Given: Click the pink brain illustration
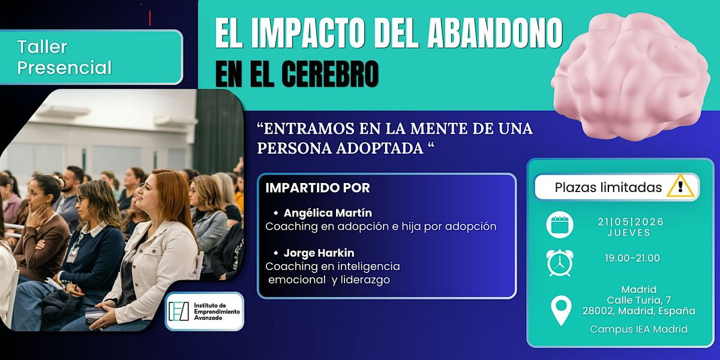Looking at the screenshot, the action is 631,77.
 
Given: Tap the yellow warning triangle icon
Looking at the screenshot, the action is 680,186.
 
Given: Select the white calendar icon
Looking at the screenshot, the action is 560,224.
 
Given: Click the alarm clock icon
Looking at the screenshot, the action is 560,263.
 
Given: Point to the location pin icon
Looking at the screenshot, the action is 561,311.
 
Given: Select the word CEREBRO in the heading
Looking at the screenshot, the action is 330,74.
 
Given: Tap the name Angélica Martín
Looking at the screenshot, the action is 328,213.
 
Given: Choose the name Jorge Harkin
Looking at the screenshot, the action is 319,253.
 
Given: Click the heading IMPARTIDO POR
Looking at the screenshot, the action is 317,188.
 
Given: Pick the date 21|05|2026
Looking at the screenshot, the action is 631,222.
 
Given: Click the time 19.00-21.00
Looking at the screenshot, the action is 632,258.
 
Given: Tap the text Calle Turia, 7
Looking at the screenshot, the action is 638,300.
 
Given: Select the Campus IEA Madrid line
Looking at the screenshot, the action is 638,329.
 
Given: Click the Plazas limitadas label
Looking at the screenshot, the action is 608,187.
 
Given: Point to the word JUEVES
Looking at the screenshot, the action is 629,233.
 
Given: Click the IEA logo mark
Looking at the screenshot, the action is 179,311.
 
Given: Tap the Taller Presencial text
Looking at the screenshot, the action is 65,57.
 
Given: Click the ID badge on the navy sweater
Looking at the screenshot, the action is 73,255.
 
